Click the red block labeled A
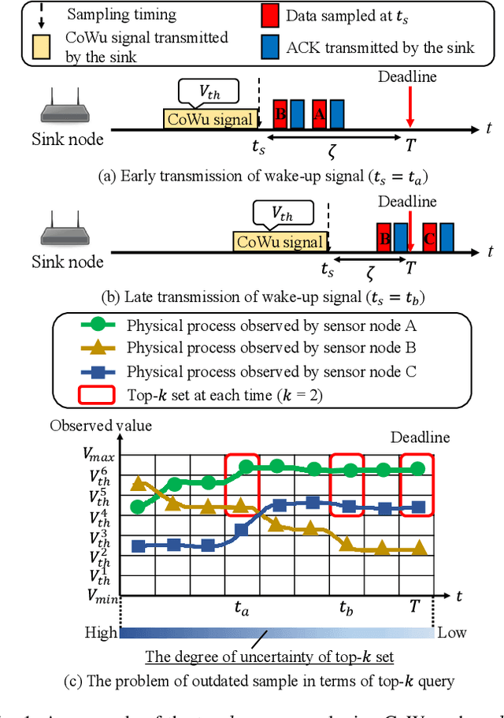319,114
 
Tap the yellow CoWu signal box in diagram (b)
280,241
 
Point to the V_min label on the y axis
99,596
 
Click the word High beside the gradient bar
101,632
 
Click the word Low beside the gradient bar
452,632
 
